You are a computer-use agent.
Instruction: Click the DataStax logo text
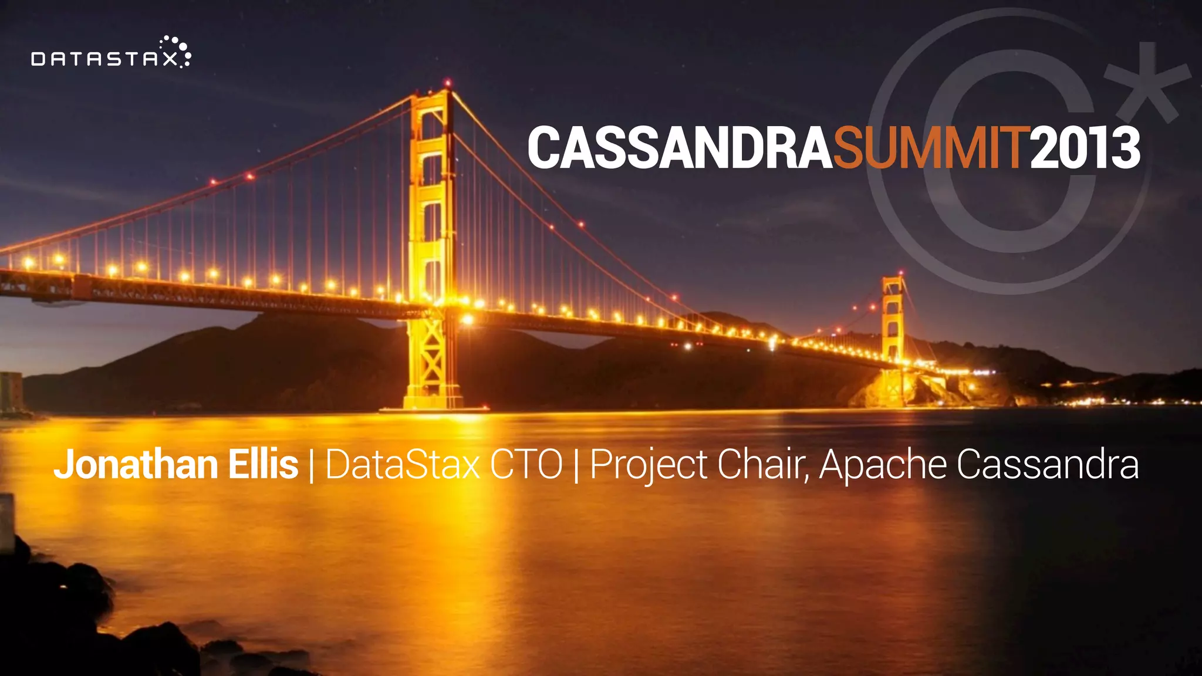[x=104, y=59]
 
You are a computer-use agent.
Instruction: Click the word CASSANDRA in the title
[x=680, y=148]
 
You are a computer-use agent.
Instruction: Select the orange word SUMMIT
[x=931, y=148]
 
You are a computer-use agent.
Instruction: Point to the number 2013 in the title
[x=1085, y=148]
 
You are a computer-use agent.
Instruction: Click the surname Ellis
[x=263, y=465]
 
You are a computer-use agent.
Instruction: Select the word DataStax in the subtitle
[x=403, y=465]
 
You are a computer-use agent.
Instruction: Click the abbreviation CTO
[x=526, y=465]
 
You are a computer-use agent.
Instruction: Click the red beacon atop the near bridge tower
[x=448, y=83]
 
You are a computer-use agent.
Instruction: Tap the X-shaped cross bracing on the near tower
[x=432, y=352]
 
